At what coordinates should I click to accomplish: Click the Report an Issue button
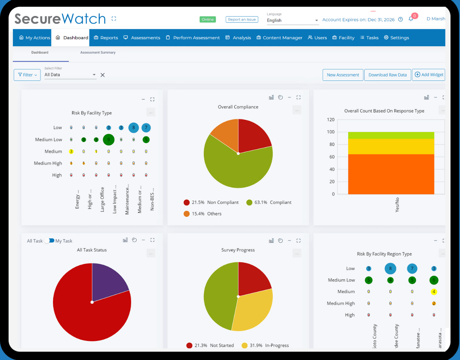242,20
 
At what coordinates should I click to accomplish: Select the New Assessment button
343,75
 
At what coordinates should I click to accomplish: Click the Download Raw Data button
387,75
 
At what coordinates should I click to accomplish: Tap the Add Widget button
429,75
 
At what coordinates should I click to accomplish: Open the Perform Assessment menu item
193,38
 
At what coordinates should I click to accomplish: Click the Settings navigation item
396,38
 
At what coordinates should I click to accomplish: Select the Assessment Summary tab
98,53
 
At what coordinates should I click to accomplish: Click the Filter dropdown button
27,75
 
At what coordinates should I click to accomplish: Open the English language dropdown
292,21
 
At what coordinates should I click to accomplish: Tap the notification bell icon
411,19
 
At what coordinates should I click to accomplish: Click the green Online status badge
208,20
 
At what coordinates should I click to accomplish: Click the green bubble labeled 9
109,140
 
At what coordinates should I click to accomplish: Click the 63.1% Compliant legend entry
269,202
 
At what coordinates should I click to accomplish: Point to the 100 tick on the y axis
331,132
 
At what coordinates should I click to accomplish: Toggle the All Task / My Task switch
49,241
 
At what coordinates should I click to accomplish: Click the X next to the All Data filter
103,75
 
